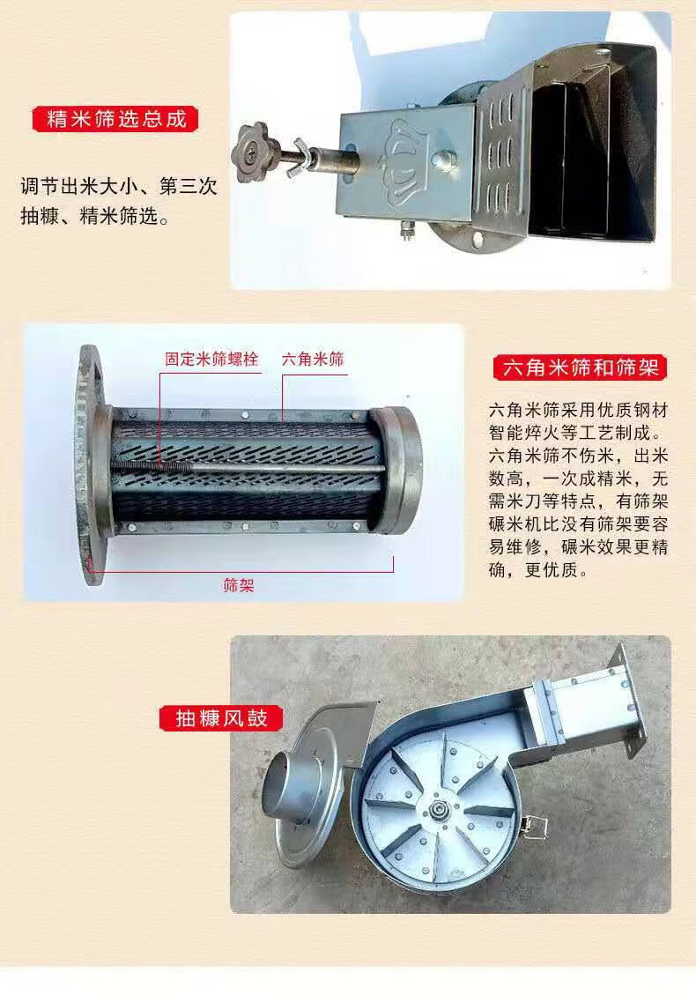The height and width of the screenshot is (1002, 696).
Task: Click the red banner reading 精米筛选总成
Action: click(115, 120)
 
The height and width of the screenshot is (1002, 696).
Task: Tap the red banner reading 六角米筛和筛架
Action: click(580, 367)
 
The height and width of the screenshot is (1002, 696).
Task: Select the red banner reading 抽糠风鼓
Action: click(221, 717)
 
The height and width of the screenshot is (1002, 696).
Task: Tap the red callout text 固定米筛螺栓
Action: click(211, 360)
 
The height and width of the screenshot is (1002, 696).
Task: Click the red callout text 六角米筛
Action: click(313, 360)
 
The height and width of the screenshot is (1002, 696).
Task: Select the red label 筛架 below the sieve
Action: click(239, 584)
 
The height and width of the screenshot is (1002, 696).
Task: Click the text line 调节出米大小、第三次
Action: click(119, 187)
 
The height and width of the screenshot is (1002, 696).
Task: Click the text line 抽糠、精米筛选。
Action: click(95, 216)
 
